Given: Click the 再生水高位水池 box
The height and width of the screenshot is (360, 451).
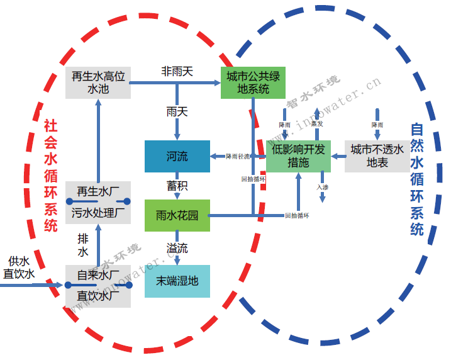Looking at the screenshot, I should (98, 82).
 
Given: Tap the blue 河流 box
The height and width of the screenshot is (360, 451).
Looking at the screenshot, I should (177, 156).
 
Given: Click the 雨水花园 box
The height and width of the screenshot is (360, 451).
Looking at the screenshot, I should (177, 215).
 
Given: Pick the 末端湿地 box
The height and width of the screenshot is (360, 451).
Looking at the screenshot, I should (177, 281).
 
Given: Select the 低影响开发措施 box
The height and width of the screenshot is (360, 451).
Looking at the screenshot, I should (298, 156).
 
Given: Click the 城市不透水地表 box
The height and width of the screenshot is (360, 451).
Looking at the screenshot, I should (377, 156).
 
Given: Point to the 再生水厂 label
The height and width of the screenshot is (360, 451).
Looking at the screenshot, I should (98, 191).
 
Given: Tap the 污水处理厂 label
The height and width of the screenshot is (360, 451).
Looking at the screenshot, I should (98, 212).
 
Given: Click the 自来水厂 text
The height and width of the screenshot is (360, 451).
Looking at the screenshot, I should (98, 275).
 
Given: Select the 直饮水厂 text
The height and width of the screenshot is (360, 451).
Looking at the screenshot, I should (98, 295).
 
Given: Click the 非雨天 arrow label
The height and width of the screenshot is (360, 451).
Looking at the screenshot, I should (177, 71).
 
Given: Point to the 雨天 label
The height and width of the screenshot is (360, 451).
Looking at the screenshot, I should (177, 111).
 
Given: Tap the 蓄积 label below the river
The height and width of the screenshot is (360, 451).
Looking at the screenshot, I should (177, 186).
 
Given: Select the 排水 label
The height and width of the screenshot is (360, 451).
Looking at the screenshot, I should (83, 245).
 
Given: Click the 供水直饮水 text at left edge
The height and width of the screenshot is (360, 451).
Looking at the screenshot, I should (18, 267).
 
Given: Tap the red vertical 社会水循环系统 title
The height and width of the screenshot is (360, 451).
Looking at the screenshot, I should (51, 176).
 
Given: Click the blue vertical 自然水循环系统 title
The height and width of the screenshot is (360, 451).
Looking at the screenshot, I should (416, 179).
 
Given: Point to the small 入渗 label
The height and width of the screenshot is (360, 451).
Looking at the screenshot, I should (322, 187).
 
